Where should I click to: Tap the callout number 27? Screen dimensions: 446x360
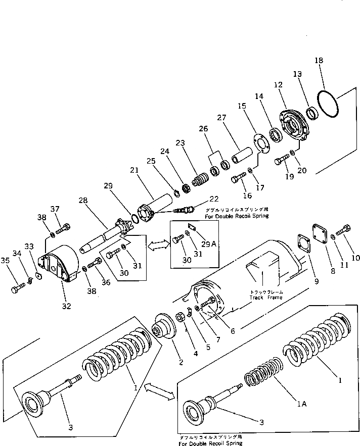[221, 118]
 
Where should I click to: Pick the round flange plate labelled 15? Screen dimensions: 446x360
[260, 142]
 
